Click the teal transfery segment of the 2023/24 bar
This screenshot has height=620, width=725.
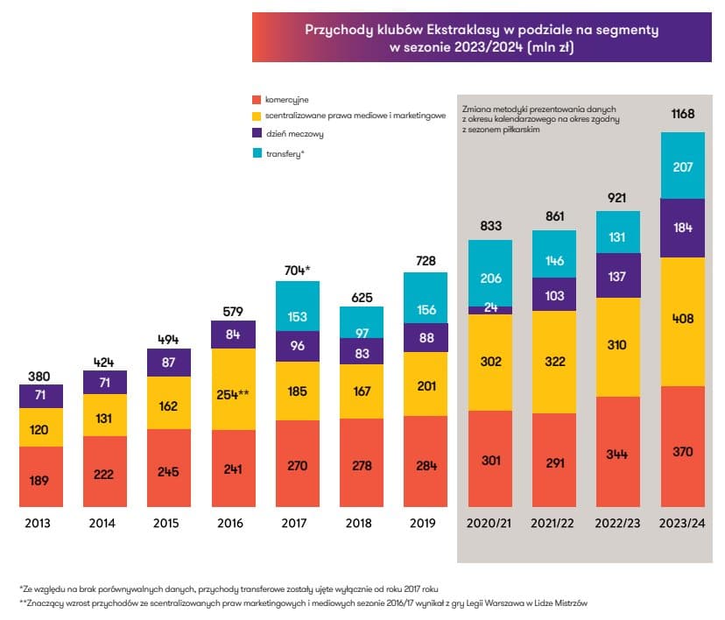(x=682, y=166)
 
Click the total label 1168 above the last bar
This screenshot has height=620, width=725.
(x=682, y=114)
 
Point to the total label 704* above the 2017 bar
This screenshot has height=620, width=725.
(x=297, y=270)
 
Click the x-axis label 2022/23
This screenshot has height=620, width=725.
(x=618, y=523)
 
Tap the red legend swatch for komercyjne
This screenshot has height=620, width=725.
(x=257, y=99)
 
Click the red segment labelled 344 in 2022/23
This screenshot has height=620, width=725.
(x=618, y=452)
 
